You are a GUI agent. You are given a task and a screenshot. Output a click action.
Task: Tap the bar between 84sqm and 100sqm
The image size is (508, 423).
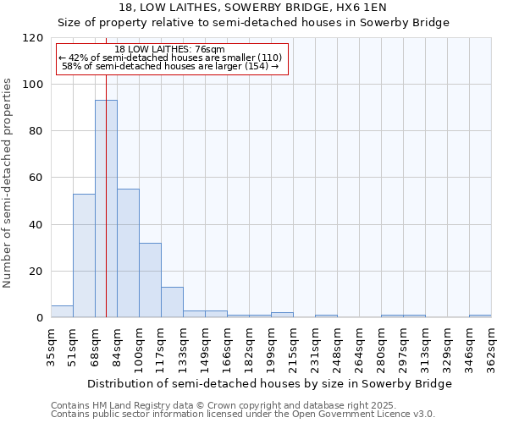(x=128, y=253)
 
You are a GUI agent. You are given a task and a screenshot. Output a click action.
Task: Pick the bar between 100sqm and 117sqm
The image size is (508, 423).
(x=150, y=280)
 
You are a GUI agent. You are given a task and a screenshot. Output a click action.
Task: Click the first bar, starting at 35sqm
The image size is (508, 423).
(x=62, y=311)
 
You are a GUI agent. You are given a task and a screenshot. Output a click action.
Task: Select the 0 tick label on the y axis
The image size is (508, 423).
(x=41, y=318)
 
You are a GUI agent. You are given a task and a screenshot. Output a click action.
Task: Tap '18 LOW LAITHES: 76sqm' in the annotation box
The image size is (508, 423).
(x=169, y=50)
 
